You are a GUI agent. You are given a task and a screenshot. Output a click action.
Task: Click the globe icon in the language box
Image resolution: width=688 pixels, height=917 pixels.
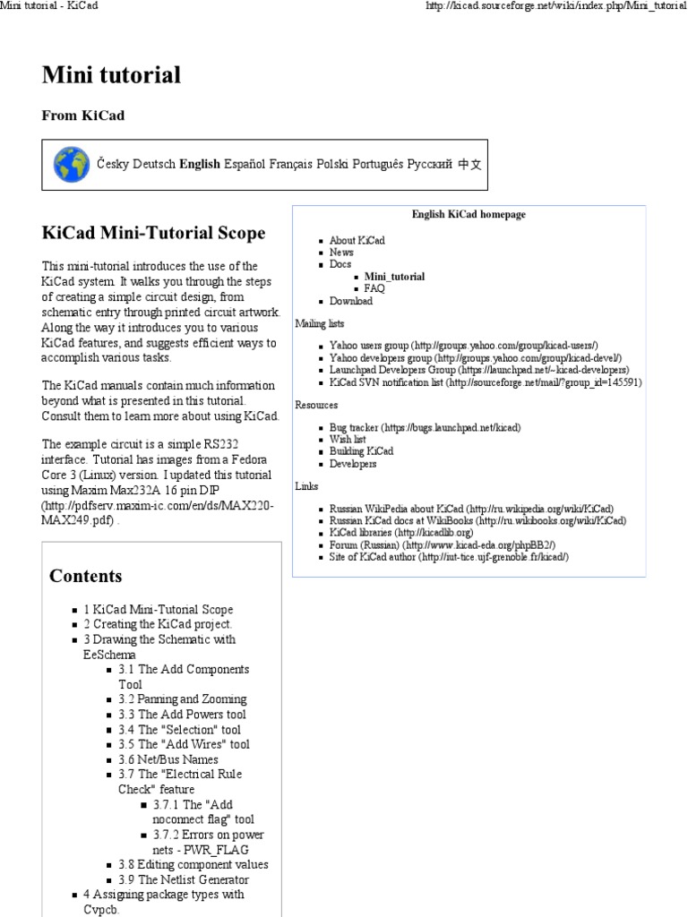coord(71,165)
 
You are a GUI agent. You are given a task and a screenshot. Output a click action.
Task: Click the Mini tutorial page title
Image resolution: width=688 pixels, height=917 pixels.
coord(111,75)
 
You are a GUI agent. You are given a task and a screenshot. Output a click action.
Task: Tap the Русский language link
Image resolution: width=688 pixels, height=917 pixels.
coord(429,165)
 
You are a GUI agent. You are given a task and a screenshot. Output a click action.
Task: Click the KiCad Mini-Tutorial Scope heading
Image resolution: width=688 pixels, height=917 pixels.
coord(154,233)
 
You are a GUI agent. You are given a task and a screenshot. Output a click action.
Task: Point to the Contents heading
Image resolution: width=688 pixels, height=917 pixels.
coord(86,576)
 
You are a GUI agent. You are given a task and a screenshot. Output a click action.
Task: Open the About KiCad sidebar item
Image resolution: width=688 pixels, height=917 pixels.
coord(357,240)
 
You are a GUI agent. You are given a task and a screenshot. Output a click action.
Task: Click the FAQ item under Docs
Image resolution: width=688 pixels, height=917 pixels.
coord(374,289)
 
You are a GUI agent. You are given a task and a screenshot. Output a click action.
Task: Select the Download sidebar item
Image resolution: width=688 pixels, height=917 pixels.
coord(350,302)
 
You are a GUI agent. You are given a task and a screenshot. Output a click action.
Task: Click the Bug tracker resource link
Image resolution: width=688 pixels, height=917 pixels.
coord(425,428)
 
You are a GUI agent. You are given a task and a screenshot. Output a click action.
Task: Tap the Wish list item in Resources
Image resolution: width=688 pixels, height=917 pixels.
coord(347,440)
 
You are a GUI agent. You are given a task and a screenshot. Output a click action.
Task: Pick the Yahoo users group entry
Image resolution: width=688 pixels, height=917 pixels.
coord(463,345)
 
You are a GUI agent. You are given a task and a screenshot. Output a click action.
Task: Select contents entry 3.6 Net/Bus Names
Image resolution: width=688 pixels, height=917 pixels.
coord(168,759)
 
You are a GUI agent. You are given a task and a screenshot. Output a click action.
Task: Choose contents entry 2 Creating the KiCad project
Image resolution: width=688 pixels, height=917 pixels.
coord(158,624)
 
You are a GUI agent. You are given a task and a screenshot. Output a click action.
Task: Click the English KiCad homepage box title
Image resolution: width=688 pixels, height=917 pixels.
coord(469,215)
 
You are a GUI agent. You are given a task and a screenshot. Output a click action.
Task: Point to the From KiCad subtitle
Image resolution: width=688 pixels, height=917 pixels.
coord(83,116)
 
